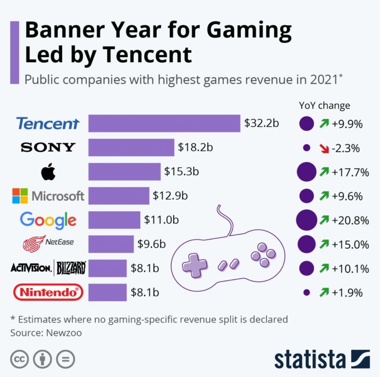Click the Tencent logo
coord(48,123)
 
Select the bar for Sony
coord(131,147)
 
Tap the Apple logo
coord(48,172)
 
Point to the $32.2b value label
coord(262,123)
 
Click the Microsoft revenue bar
coord(118,195)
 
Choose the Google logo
coord(48,220)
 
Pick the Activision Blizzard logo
coord(48,268)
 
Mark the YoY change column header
coord(324,105)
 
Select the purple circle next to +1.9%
coord(306,293)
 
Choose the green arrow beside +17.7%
coord(324,172)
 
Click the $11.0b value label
coord(161,220)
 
